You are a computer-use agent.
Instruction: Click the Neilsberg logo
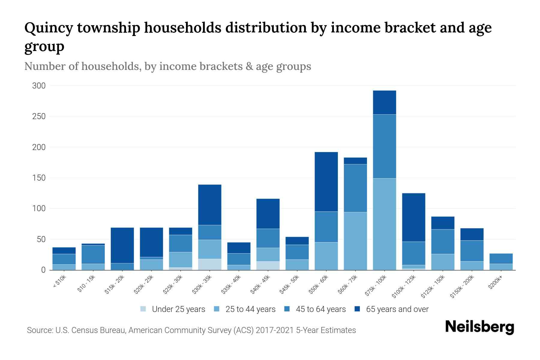(x=479, y=327)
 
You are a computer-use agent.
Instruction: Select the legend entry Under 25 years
(x=178, y=309)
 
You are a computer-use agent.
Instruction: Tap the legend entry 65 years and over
(x=397, y=309)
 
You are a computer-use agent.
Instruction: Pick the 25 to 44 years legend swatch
(x=217, y=309)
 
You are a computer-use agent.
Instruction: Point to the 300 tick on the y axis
(x=39, y=86)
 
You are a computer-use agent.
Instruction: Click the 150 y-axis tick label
(x=39, y=178)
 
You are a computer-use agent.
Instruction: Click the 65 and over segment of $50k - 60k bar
(x=326, y=182)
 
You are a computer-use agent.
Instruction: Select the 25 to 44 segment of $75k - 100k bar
(x=384, y=224)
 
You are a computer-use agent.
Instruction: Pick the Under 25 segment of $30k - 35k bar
(x=210, y=264)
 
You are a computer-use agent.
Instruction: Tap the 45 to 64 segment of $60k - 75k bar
(x=355, y=188)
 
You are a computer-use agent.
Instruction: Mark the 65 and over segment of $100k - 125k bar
(x=413, y=217)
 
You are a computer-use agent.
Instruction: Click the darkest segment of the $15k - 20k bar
(x=122, y=245)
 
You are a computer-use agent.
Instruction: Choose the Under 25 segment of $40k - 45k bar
(x=268, y=265)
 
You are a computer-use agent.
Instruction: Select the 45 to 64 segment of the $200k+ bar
(x=501, y=259)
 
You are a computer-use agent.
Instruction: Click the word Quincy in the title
(x=49, y=28)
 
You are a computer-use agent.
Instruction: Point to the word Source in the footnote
(x=40, y=330)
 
